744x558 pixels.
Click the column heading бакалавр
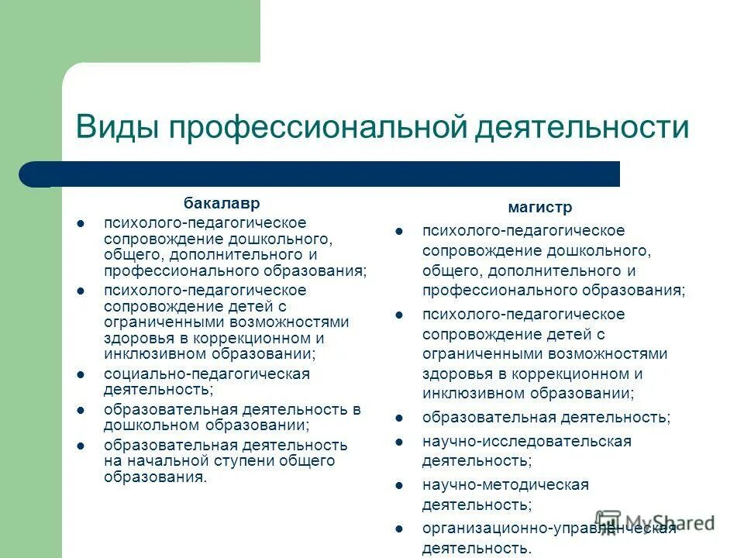222,203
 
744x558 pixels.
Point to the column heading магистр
540,207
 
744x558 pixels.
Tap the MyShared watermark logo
655,522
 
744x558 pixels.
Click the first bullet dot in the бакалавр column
81,223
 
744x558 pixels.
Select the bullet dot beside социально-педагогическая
81,374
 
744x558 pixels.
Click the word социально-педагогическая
207,374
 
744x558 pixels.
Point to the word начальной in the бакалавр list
162,461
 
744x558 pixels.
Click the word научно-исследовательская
527,441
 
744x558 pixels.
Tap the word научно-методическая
505,484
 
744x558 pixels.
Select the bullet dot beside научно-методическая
398,485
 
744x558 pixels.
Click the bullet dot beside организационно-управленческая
398,529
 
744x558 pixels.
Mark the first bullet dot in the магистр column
398,231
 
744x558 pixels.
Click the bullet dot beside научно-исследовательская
398,442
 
